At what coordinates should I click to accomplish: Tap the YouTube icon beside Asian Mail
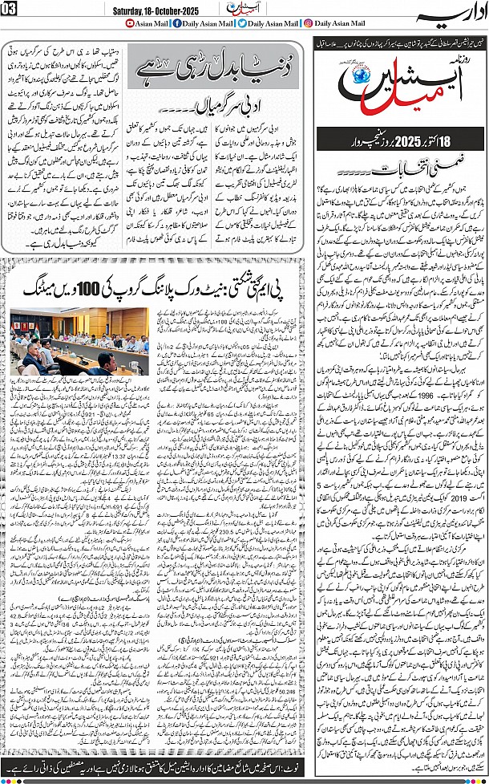(x=131, y=24)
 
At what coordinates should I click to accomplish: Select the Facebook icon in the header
(x=177, y=24)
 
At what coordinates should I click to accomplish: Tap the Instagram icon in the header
(x=309, y=24)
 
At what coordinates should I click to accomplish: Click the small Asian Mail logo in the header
(x=239, y=8)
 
